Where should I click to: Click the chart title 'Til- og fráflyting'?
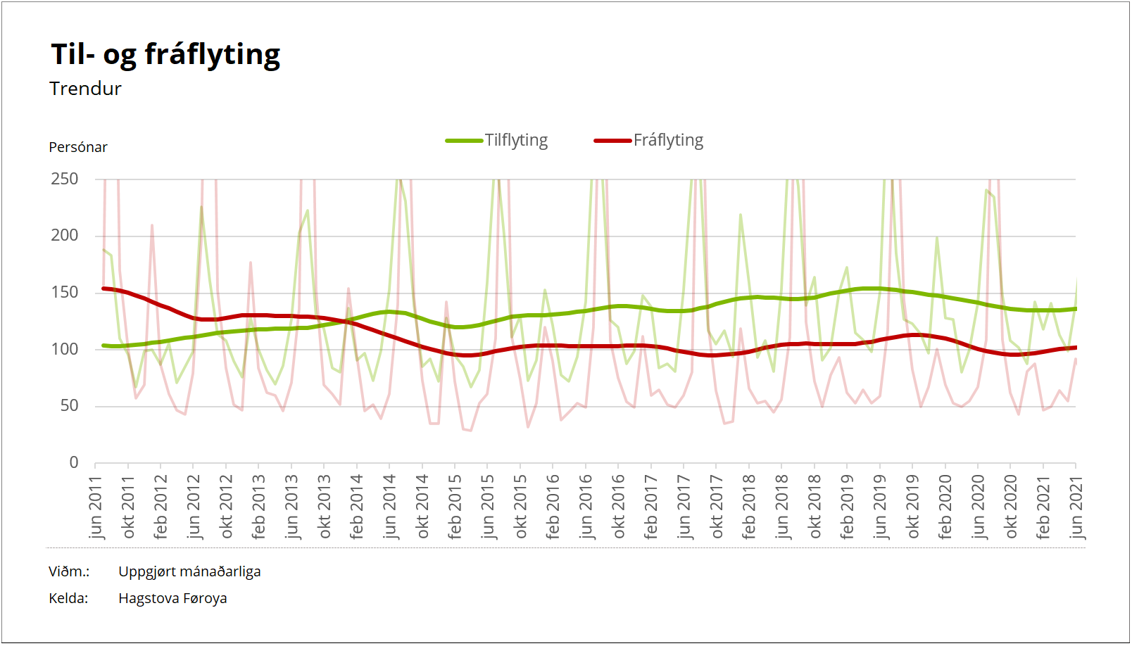click(x=165, y=55)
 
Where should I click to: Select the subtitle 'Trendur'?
click(x=85, y=89)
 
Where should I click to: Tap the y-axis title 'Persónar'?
click(x=78, y=147)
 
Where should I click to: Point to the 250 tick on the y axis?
click(x=65, y=179)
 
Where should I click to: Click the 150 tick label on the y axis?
click(x=65, y=292)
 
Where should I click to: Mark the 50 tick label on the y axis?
click(x=69, y=405)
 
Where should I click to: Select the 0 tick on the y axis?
click(x=74, y=462)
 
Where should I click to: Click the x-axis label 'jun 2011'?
click(x=96, y=507)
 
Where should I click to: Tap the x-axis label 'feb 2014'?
click(x=357, y=507)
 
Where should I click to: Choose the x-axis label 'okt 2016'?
click(x=619, y=507)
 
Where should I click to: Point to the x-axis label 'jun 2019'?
click(x=880, y=507)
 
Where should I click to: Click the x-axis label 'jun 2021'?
click(x=1076, y=507)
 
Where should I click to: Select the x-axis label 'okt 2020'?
click(x=1011, y=507)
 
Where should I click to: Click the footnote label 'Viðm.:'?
click(x=69, y=571)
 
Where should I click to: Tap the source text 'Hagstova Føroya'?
click(x=172, y=598)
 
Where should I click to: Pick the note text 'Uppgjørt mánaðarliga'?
click(x=189, y=571)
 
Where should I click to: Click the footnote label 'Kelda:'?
click(x=68, y=598)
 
